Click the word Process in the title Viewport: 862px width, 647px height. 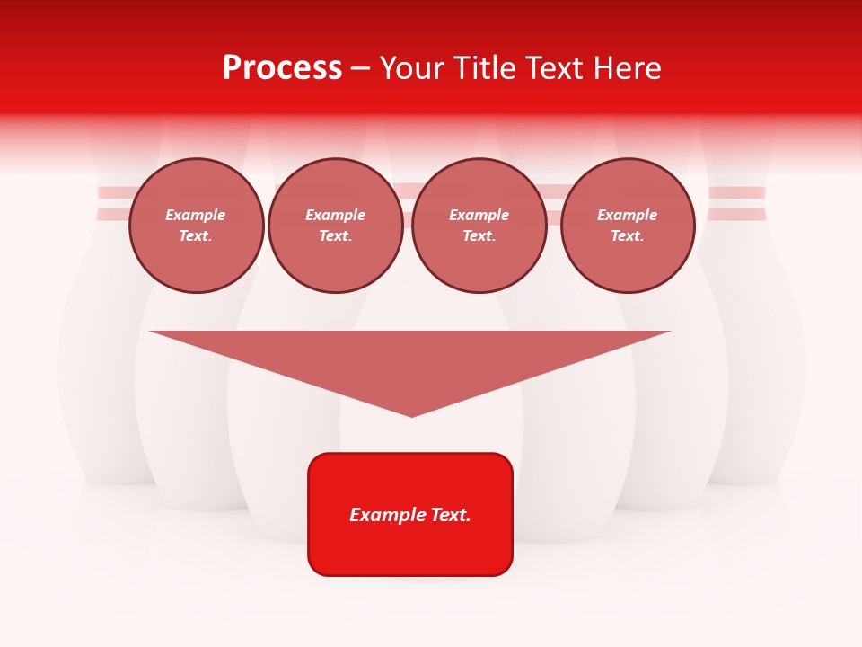[x=282, y=68]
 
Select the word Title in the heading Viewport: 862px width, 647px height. [x=482, y=68]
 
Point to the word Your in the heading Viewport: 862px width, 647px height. [x=412, y=68]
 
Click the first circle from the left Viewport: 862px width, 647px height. [x=196, y=226]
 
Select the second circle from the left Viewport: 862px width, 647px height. [x=336, y=226]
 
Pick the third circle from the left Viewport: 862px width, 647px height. [x=479, y=226]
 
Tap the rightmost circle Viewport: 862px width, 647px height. [x=628, y=226]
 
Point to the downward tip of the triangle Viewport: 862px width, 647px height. [x=412, y=414]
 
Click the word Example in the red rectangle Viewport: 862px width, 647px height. [x=385, y=515]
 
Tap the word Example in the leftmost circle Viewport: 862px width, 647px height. [x=196, y=215]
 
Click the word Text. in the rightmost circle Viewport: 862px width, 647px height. [x=628, y=236]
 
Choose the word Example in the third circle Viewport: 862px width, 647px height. [x=479, y=215]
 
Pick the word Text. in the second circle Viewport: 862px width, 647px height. [x=336, y=236]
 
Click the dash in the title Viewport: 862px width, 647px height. [x=360, y=68]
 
